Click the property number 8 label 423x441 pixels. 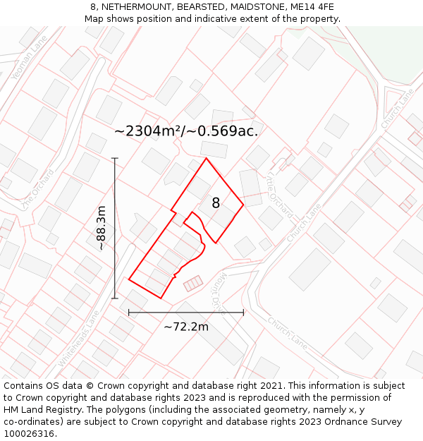216,203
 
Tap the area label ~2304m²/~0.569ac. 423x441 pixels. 186,131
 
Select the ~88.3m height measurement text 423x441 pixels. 102,228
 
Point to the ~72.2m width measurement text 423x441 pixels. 186,327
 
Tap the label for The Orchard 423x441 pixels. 37,188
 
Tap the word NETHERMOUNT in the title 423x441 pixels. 134,7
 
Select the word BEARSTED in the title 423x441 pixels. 201,7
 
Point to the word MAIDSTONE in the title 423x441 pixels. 259,7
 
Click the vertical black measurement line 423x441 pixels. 115,228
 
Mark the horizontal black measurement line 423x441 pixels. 186,312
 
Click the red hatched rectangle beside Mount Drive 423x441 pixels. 192,284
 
